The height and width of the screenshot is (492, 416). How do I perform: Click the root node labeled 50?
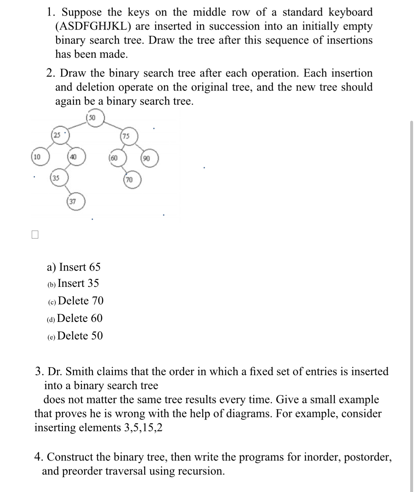pyautogui.click(x=95, y=118)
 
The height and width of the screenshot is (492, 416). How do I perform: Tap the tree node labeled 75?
pyautogui.click(x=129, y=136)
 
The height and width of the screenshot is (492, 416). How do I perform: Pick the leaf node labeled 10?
pyautogui.click(x=40, y=157)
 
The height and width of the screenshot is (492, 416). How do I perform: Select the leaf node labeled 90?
pyautogui.click(x=149, y=158)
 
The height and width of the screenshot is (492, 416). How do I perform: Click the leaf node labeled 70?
pyautogui.click(x=132, y=180)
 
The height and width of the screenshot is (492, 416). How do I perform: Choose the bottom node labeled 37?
pyautogui.click(x=76, y=202)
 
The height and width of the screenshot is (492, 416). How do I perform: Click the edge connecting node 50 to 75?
pyautogui.click(x=113, y=126)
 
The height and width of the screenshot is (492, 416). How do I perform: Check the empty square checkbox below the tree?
pyautogui.click(x=35, y=234)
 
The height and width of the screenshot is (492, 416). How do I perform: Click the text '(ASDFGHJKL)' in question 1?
pyautogui.click(x=93, y=26)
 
